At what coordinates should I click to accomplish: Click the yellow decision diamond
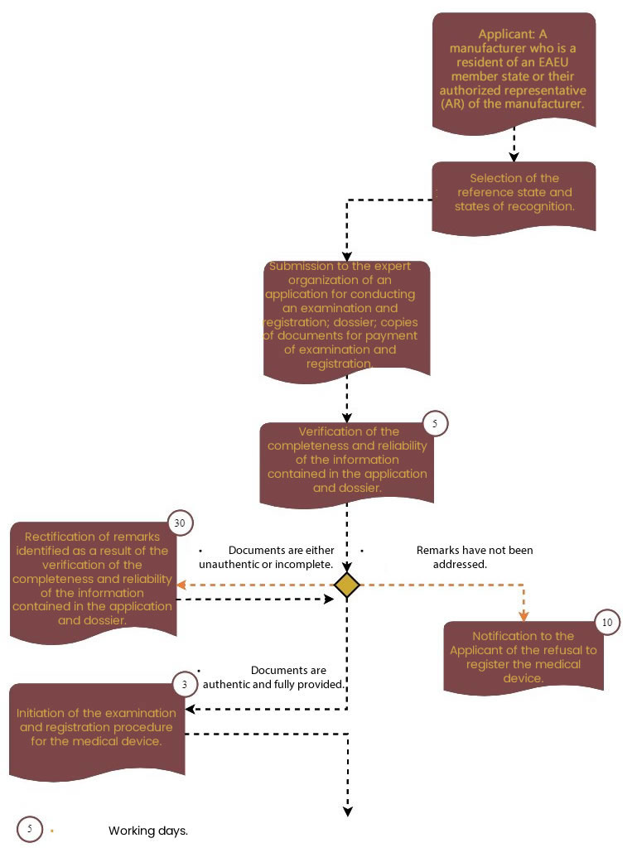coord(347,585)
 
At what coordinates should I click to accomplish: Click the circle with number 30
coord(180,523)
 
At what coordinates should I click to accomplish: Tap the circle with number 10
coord(607,623)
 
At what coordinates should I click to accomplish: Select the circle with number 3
coord(185,685)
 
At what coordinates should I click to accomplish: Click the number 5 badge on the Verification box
coord(435,423)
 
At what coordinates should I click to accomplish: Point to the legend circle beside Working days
coord(29,829)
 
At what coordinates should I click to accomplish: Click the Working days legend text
coord(147,831)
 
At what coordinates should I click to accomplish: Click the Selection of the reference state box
coord(514,198)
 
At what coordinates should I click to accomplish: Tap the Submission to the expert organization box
coord(347,321)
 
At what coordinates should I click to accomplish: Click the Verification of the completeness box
coord(347,465)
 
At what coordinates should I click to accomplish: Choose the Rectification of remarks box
coord(93,582)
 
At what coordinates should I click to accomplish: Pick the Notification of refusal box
coord(523,657)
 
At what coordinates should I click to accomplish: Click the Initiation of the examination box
coord(97,731)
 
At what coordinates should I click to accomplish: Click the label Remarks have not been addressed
coord(475,556)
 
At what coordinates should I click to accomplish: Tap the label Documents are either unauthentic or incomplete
coord(267,556)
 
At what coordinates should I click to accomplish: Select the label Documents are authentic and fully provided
coord(273,677)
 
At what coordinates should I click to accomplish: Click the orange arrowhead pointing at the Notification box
coord(524,616)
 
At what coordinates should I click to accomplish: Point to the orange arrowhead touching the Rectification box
coord(181,585)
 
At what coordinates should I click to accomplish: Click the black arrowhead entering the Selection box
coord(514,157)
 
